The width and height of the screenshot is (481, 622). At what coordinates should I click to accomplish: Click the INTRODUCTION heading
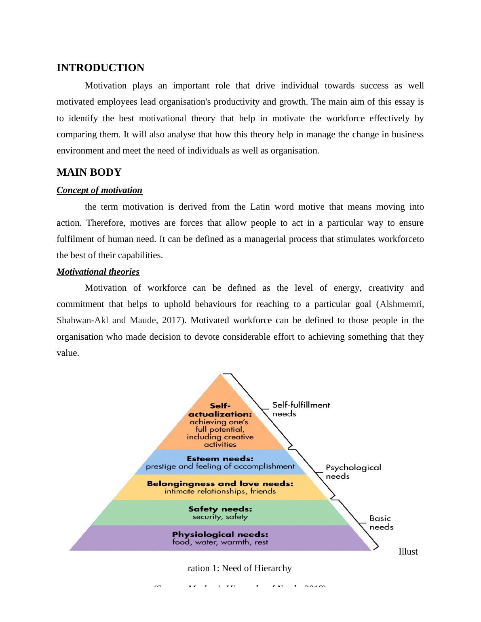[100, 68]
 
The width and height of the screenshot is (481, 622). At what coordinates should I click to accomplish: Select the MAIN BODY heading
[89, 172]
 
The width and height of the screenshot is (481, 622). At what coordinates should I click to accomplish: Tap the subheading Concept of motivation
[99, 190]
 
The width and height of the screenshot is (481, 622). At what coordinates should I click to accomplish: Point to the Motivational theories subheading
[98, 272]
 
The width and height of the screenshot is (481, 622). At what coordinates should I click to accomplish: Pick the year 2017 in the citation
[171, 320]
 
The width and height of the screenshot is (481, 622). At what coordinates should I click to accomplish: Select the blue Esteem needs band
[220, 462]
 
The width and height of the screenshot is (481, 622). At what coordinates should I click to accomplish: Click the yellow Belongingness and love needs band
[220, 488]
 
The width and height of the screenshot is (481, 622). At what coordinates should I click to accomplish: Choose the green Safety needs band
[220, 513]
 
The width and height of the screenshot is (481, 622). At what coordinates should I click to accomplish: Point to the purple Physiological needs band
[220, 538]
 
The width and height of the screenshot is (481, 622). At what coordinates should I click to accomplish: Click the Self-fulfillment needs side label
[301, 409]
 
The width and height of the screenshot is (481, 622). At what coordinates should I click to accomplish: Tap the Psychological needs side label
[353, 472]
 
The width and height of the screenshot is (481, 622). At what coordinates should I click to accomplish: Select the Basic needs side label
[381, 523]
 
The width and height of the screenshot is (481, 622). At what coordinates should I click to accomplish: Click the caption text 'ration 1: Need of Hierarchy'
[240, 568]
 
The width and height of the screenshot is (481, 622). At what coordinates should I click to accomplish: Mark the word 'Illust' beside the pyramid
[408, 552]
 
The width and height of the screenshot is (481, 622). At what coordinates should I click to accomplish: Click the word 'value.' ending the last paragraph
[68, 353]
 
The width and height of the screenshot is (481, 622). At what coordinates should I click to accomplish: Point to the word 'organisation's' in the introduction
[185, 102]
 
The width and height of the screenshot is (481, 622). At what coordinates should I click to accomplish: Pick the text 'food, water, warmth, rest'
[220, 542]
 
